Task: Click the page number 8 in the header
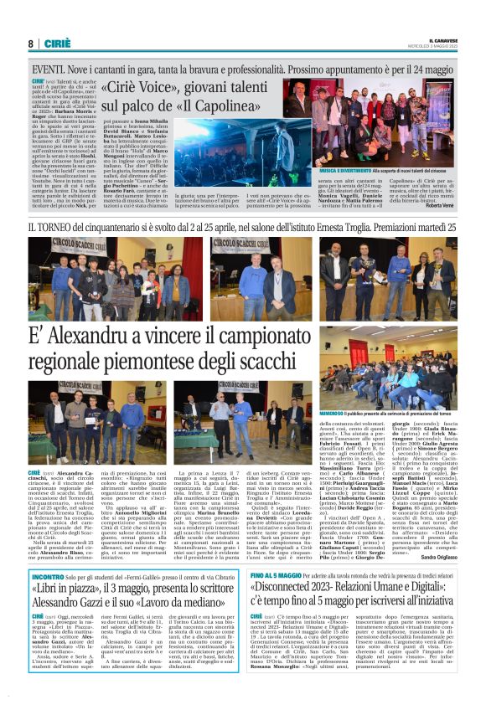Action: pos(30,44)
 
